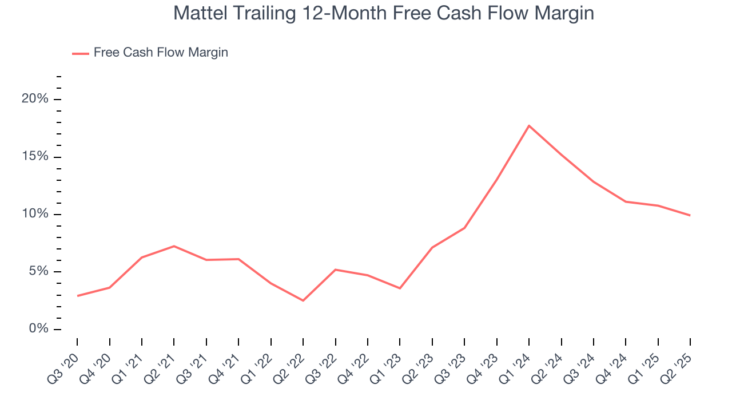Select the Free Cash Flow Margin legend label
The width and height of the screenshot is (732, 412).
[161, 53]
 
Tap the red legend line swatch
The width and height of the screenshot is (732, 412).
[80, 53]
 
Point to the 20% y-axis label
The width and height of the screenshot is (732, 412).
[35, 99]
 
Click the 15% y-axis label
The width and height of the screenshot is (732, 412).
[35, 157]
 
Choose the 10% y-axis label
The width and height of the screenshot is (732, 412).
[35, 214]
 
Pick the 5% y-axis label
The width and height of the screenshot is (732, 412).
[39, 271]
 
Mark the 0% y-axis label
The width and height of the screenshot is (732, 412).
[39, 329]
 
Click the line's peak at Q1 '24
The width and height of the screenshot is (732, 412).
[529, 125]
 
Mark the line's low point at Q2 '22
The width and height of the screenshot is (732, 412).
[303, 300]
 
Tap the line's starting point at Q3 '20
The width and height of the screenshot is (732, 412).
[77, 296]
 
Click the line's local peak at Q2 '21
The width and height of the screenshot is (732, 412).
[174, 246]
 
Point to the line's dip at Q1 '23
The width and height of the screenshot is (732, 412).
[400, 288]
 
